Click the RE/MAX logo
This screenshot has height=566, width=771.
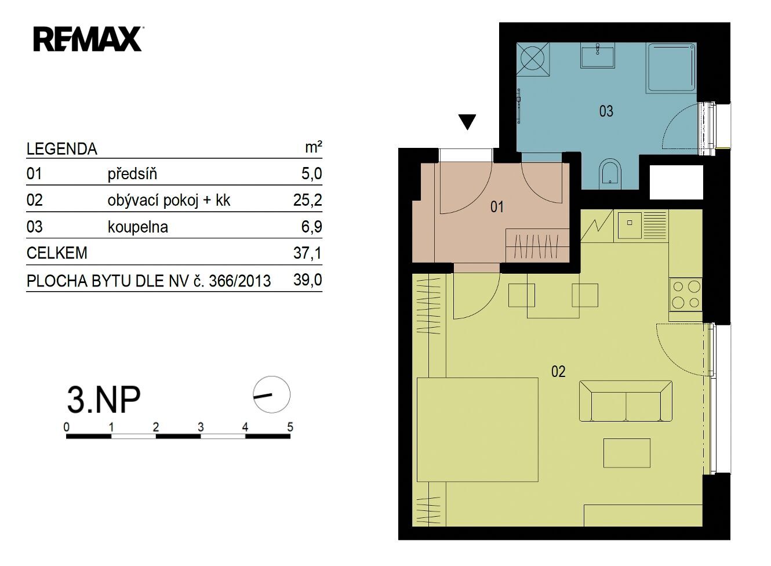coord(88,39)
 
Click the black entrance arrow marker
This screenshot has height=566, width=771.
coord(467,122)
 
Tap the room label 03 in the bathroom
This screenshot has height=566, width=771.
coord(606,111)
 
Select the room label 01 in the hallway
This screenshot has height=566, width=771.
coord(497,207)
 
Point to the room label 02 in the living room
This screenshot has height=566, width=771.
coord(558,372)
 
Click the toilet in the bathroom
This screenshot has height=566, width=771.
coord(610,174)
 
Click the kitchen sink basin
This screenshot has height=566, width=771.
coord(630,225)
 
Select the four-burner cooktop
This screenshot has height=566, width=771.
coord(686,295)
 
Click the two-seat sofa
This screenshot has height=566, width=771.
coord(625,401)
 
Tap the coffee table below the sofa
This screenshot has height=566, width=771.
coord(627,453)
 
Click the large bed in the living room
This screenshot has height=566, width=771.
coord(478,430)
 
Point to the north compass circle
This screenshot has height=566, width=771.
coord(271,394)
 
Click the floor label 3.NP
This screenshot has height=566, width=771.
coord(104,400)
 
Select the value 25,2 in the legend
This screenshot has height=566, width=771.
coord(307,200)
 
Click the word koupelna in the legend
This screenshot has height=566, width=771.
coord(138,227)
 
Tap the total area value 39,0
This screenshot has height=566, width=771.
coord(307,280)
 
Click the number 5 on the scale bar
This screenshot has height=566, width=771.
coord(290,427)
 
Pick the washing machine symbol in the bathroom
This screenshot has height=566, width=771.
coord(533,59)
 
